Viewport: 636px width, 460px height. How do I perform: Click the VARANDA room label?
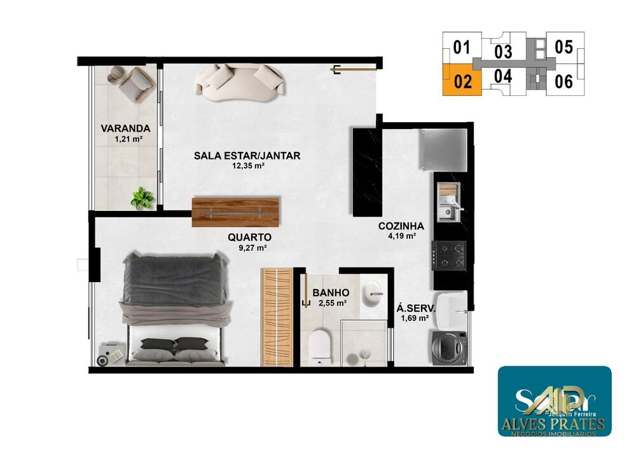[x=125, y=128]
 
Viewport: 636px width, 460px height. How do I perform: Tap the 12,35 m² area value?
[x=248, y=166]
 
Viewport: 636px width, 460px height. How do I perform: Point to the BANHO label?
[x=331, y=293]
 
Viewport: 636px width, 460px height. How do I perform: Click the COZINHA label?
[x=401, y=226]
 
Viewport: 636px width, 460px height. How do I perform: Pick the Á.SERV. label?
[x=412, y=308]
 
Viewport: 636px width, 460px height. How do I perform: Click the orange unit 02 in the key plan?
[x=462, y=81]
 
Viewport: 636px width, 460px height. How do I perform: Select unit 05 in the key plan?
[x=563, y=47]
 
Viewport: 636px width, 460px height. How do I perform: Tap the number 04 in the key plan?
[x=502, y=77]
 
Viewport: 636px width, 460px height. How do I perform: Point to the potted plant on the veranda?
[x=142, y=198]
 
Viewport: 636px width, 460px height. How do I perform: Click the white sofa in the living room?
[x=239, y=83]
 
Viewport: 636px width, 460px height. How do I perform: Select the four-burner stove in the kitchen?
[x=450, y=254]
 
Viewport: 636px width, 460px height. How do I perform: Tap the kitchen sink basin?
[x=449, y=212]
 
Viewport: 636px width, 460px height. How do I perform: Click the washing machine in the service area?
[x=450, y=348]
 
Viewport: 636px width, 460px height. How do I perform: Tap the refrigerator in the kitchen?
[x=443, y=149]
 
